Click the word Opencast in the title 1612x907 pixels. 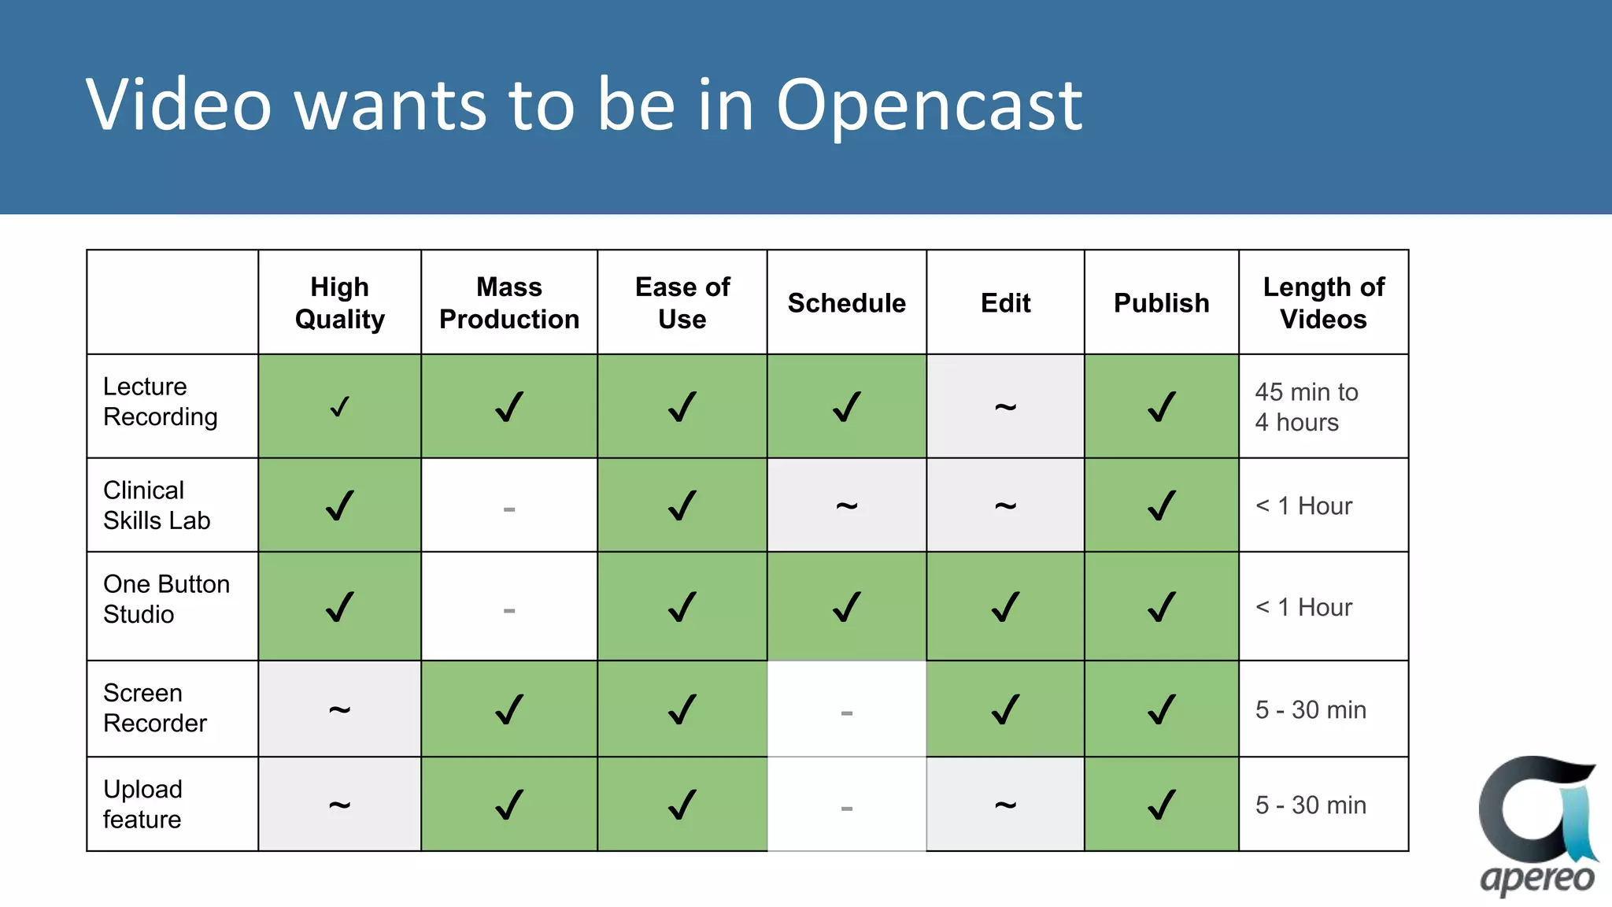tap(929, 106)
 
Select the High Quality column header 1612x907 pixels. tap(339, 302)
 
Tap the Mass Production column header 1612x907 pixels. tap(509, 302)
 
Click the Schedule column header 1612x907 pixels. tap(846, 303)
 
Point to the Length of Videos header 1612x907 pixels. tap(1323, 302)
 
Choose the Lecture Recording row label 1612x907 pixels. tap(161, 402)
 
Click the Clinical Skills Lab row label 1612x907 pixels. tap(157, 505)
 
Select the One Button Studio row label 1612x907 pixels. tap(166, 599)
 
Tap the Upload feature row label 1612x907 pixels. tap(143, 804)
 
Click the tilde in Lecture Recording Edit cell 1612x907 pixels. tap(1005, 407)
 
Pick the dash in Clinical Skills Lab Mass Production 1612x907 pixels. tap(509, 509)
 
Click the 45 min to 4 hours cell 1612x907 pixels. tap(1306, 407)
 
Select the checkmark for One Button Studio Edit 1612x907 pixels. tap(1005, 607)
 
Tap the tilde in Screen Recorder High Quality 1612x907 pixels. tap(339, 709)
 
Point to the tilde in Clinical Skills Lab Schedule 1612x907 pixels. tap(846, 505)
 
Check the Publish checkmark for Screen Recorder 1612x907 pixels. tap(1161, 709)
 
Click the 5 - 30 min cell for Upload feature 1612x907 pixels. tap(1311, 805)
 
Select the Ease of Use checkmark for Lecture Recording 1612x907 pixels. tap(682, 407)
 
